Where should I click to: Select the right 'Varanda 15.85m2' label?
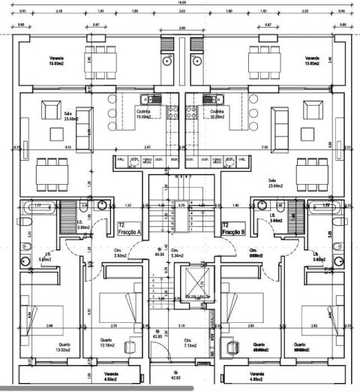pyautogui.click(x=313, y=61)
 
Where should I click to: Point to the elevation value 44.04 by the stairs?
pyautogui.click(x=159, y=255)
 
